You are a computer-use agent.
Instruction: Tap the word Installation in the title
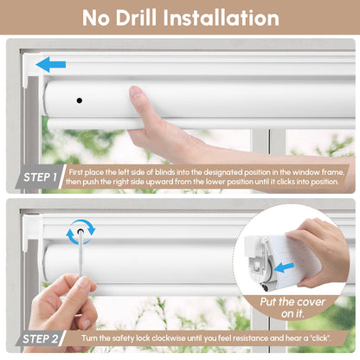tap(226, 17)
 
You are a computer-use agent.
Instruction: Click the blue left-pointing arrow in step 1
tap(49, 64)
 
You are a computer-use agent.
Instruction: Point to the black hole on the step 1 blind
tap(79, 100)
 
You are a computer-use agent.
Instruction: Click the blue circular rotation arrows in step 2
tap(80, 231)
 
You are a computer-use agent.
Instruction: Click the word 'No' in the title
tap(96, 17)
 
